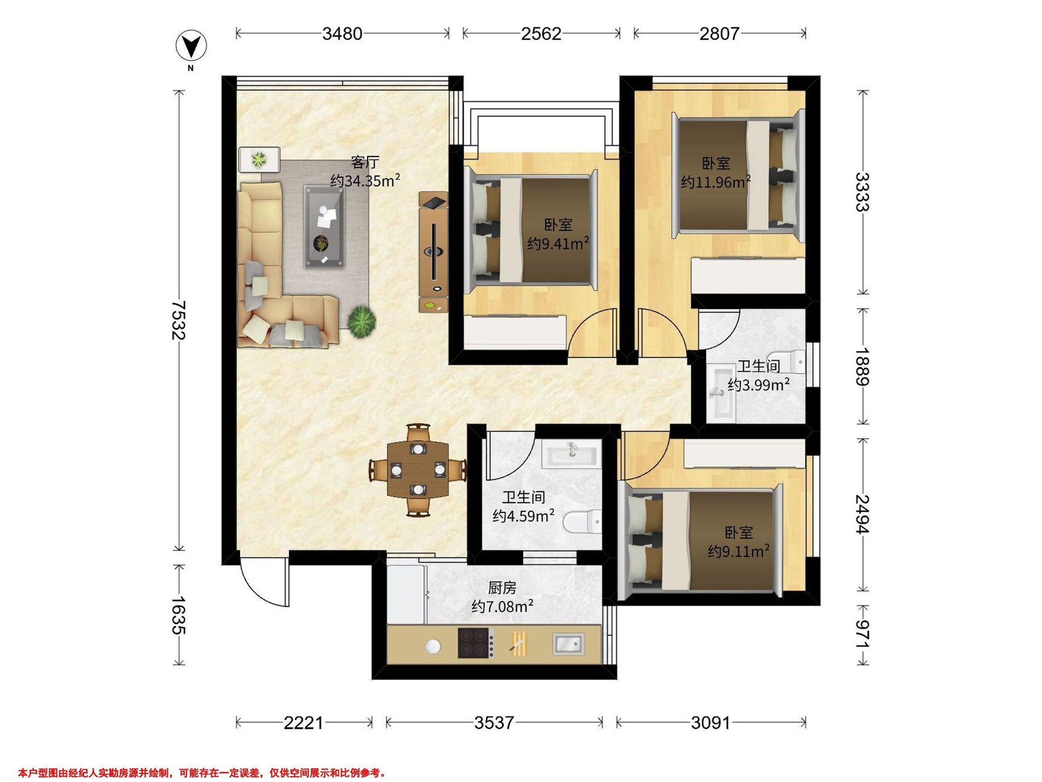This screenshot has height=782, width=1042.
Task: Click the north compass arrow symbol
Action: [191, 46]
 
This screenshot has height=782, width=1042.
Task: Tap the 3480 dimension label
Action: [342, 34]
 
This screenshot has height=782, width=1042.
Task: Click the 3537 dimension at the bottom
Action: [494, 722]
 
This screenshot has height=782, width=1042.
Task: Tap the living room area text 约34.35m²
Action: [365, 180]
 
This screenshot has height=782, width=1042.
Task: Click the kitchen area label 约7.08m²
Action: [503, 606]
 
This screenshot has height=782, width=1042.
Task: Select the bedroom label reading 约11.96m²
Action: [716, 182]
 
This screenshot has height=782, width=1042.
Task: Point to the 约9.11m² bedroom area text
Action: [739, 551]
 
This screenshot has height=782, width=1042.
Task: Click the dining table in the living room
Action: [418, 470]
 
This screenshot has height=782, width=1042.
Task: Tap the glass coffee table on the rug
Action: [324, 227]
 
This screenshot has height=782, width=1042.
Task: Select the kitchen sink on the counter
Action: [568, 644]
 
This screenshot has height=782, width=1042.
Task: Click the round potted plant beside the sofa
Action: [362, 321]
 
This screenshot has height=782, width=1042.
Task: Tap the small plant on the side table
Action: [259, 159]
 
